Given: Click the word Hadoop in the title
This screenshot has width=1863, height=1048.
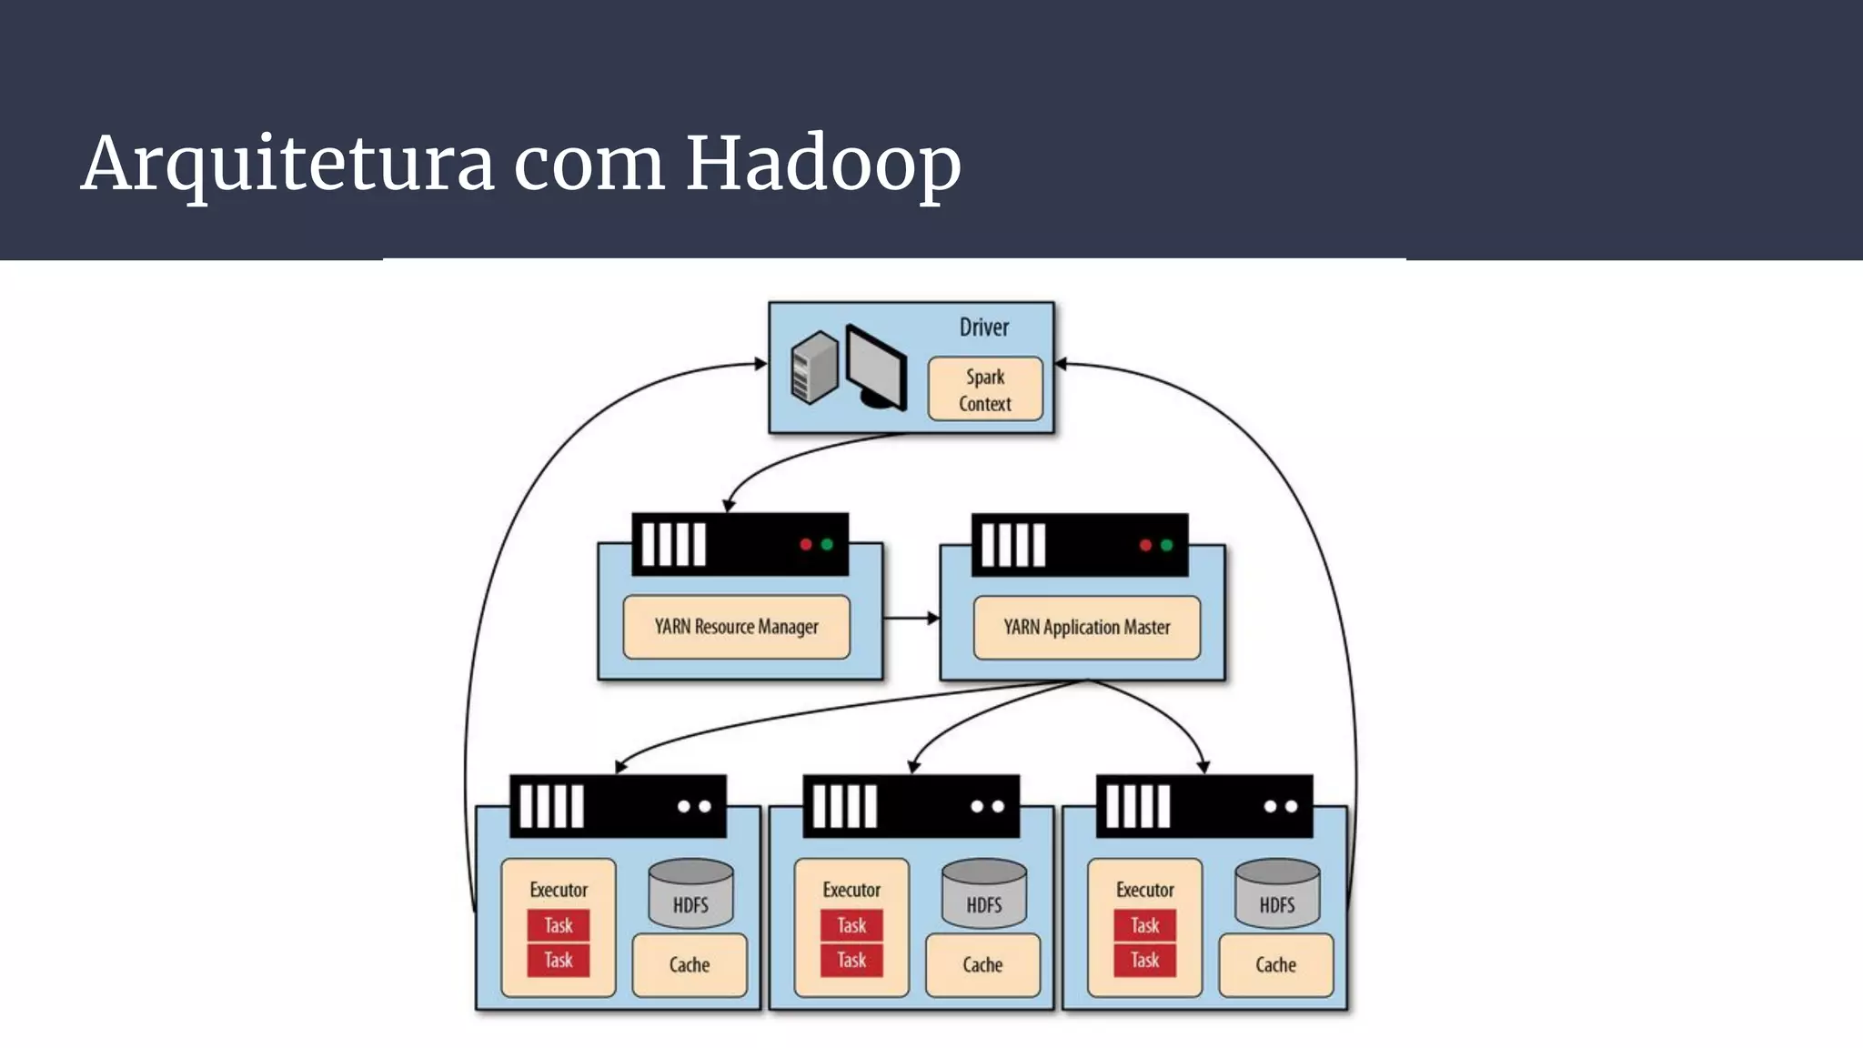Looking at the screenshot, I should [x=822, y=164].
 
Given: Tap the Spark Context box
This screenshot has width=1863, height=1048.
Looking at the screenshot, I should [x=985, y=389].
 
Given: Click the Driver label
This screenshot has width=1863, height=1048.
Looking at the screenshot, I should [x=984, y=327].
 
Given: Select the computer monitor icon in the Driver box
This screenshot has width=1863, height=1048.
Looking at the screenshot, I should [x=876, y=368].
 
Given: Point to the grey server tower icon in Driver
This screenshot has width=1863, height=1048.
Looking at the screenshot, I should [x=814, y=367].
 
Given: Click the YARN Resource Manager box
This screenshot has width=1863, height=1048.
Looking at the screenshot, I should [x=736, y=627].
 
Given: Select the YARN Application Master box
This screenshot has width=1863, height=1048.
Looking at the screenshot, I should [x=1086, y=627].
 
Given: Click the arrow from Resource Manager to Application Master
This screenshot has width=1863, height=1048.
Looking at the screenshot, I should [x=911, y=619].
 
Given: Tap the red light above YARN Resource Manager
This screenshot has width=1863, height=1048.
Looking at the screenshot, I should [x=805, y=545].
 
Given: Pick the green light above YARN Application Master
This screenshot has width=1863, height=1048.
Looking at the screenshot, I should [x=1166, y=545].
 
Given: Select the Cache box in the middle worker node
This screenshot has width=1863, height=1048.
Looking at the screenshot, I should [x=982, y=964].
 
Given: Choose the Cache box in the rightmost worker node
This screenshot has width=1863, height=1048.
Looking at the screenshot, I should [x=1275, y=964].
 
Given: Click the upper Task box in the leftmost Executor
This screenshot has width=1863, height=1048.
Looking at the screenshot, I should [x=559, y=926].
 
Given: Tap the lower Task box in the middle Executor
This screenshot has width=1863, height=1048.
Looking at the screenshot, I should [x=851, y=960].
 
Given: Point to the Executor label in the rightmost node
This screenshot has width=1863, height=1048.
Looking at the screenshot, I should [x=1144, y=890].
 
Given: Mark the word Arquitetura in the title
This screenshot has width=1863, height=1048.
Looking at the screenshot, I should [x=287, y=164].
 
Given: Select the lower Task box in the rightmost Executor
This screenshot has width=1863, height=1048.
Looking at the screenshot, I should [x=1144, y=960].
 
